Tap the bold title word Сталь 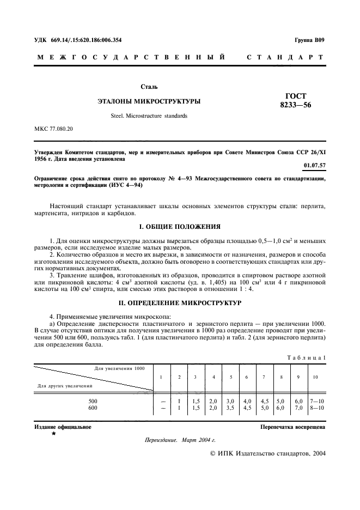(x=149, y=87)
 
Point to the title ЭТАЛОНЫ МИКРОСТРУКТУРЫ (x=149, y=101)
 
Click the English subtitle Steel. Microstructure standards (x=149, y=116)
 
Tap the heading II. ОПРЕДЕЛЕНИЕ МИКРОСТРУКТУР (x=180, y=302)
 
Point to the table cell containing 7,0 (x=298, y=407)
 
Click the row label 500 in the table (x=93, y=401)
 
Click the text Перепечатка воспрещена (x=293, y=427)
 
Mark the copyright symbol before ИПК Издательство (x=213, y=453)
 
